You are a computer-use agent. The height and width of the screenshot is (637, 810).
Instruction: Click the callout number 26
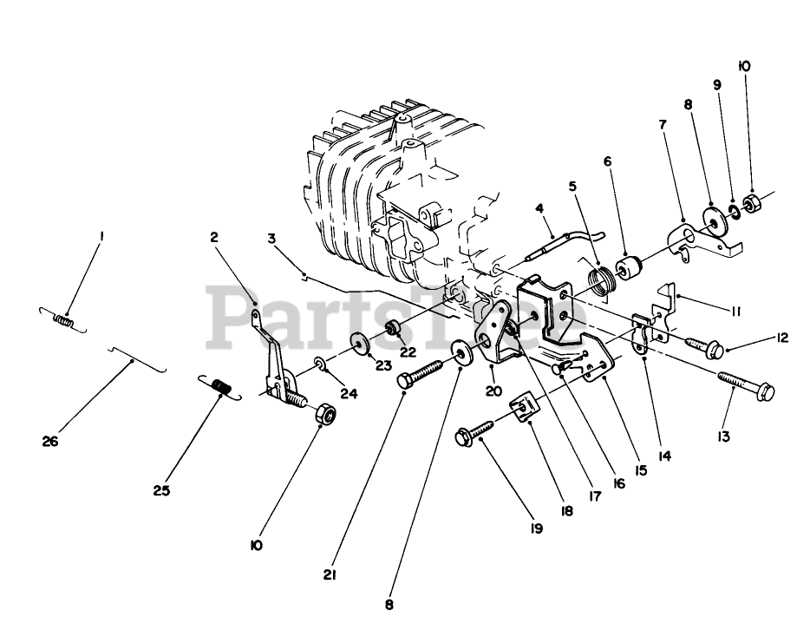49,442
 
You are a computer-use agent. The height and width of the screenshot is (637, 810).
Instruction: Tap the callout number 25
162,490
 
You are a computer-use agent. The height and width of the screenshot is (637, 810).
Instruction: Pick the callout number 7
663,124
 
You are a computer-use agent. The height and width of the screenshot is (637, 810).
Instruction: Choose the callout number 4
539,208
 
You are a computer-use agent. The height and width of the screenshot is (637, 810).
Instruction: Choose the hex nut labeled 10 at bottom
325,415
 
